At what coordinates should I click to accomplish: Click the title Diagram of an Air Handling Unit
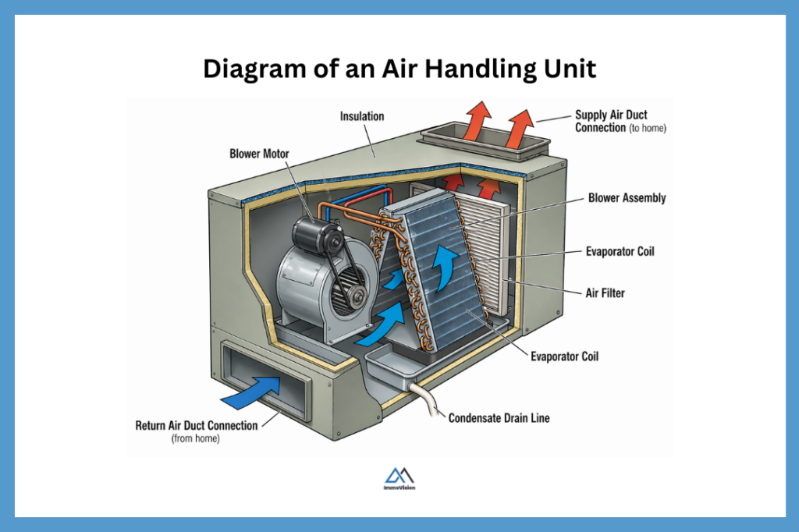point(399,69)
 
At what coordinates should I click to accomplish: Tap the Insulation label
point(362,116)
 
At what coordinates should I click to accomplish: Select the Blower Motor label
point(258,154)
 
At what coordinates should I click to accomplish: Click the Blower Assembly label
point(627,198)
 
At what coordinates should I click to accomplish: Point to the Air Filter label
point(605,293)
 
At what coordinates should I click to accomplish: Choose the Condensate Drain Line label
point(499,418)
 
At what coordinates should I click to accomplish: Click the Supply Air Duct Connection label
point(611,121)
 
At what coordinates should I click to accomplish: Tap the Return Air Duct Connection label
point(196,425)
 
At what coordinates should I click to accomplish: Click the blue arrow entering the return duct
point(257,387)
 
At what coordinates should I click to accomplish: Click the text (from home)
point(195,439)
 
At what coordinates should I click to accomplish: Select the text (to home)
point(648,128)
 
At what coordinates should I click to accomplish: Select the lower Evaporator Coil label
point(564,356)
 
